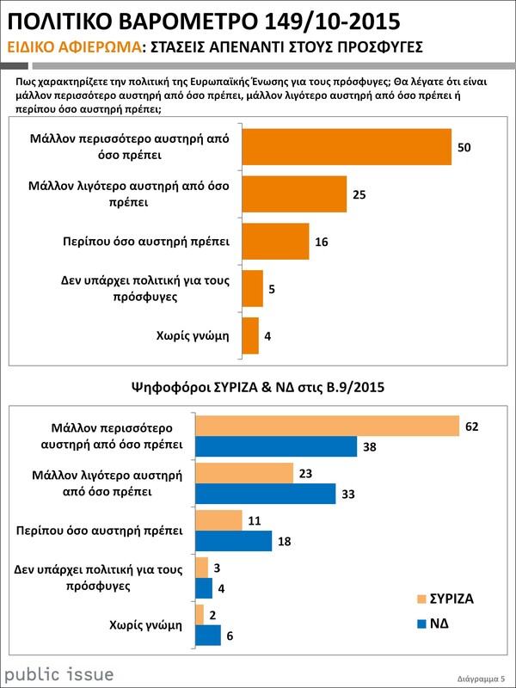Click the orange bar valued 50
(347, 146)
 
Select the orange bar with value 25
(294, 194)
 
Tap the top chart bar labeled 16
(275, 241)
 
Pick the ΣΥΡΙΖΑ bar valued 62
(327, 427)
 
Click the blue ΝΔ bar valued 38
(276, 447)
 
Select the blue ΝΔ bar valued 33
(266, 494)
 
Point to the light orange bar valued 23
(244, 473)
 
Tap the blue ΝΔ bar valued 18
(234, 540)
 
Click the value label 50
(464, 147)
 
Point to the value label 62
(470, 427)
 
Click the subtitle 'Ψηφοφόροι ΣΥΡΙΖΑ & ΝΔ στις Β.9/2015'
(258, 388)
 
